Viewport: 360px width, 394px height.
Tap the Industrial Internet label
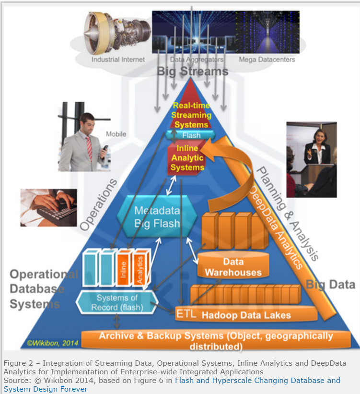point(118,60)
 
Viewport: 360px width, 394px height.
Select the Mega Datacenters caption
point(267,60)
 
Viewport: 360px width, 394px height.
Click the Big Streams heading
point(193,71)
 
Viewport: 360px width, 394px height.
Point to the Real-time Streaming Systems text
point(191,115)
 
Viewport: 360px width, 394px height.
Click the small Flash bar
point(191,135)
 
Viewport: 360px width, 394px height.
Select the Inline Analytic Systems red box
point(187,158)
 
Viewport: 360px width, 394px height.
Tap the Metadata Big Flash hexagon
point(157,216)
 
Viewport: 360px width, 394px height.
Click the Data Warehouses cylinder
point(233,264)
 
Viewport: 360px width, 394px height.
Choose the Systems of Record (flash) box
point(117,302)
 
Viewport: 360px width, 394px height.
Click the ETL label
point(186,313)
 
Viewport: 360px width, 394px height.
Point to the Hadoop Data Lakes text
point(246,315)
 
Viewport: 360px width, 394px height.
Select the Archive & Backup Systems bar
point(216,340)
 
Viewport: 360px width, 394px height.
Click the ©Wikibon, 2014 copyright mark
point(52,343)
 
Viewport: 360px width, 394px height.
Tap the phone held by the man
point(105,148)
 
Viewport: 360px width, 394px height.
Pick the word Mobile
point(116,134)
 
